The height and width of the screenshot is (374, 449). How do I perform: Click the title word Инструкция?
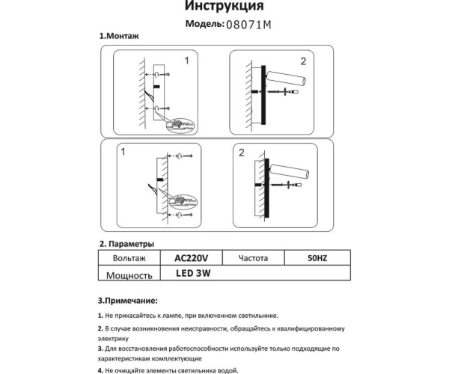[x=223, y=7]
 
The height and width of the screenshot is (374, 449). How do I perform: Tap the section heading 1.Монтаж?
[x=119, y=36]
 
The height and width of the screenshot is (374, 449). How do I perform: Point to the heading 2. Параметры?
[x=126, y=244]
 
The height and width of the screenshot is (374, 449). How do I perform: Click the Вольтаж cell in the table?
[x=129, y=258]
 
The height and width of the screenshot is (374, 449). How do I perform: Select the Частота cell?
[x=254, y=258]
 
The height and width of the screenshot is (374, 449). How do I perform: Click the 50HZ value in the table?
[x=317, y=258]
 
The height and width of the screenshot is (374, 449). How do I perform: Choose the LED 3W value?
[x=194, y=274]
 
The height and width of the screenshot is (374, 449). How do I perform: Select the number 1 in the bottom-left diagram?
[x=123, y=152]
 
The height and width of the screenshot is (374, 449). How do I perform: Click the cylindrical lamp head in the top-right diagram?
[x=284, y=79]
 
